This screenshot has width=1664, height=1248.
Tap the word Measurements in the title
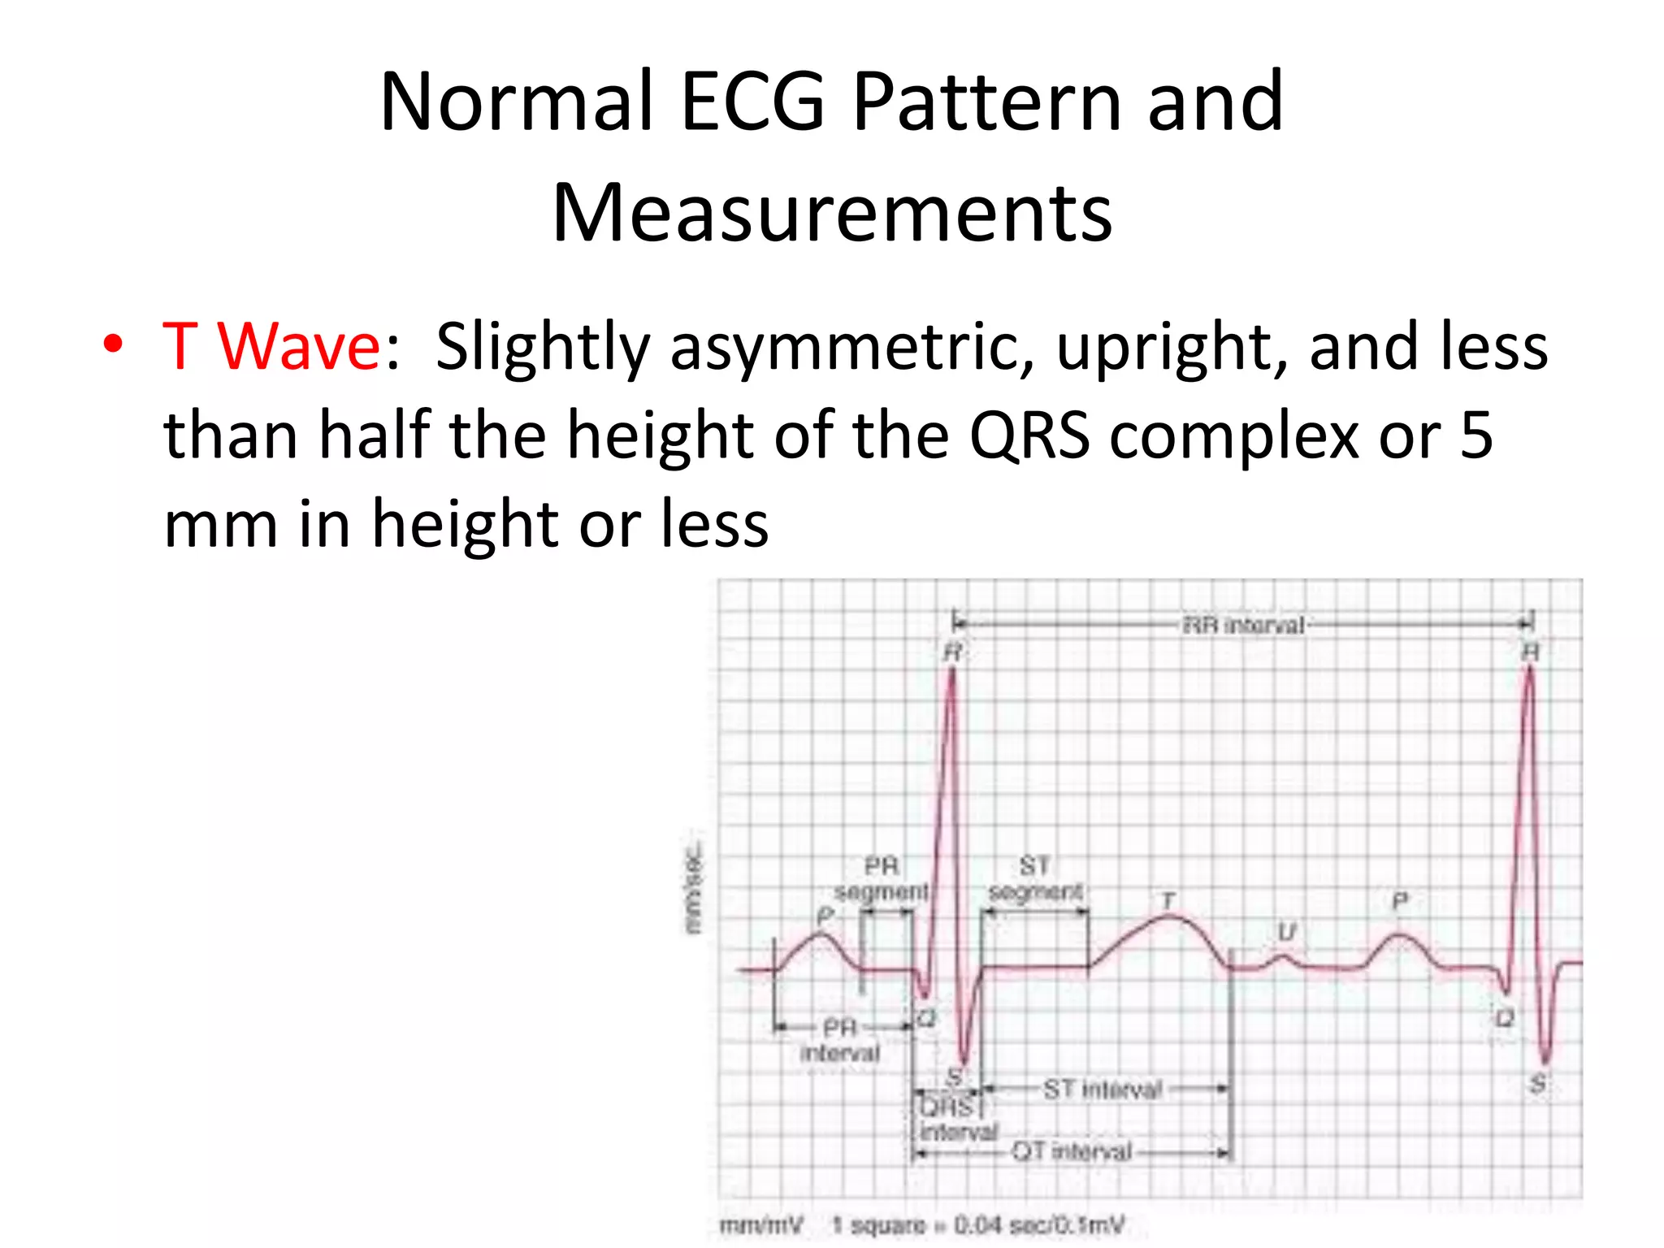(x=832, y=213)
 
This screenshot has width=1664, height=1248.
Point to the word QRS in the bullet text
(x=1029, y=435)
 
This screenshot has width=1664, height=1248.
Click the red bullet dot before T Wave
(x=113, y=344)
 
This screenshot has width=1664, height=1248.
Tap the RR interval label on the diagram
(x=1243, y=625)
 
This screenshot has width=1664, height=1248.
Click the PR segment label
(x=882, y=878)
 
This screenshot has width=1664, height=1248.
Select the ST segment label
(x=1035, y=878)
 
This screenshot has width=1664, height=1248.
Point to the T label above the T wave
(x=1168, y=900)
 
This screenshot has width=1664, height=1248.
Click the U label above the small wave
(x=1285, y=932)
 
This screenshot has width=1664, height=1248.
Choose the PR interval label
(x=840, y=1040)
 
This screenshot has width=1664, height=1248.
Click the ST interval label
(x=1103, y=1089)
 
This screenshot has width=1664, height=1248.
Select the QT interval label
(x=1071, y=1151)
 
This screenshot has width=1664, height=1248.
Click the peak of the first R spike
(x=952, y=671)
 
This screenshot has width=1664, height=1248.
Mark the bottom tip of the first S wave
(x=964, y=1064)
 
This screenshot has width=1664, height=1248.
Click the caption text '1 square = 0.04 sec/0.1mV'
(x=978, y=1225)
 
